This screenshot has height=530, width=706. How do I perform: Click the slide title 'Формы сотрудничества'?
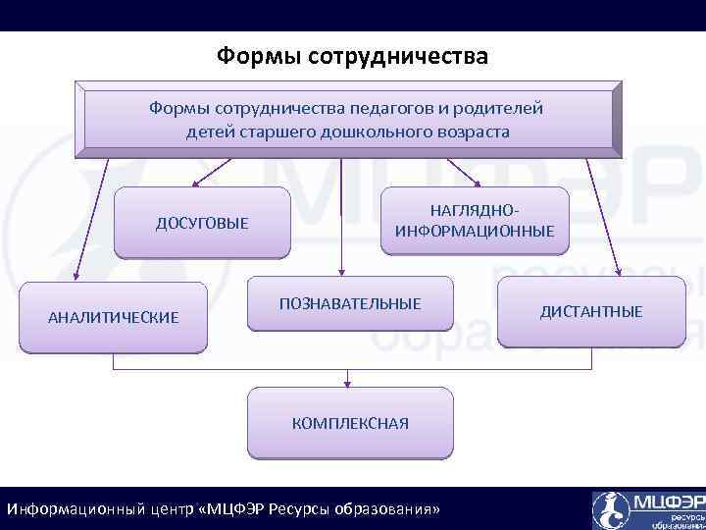(x=352, y=56)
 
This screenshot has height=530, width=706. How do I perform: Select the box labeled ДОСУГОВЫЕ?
(x=202, y=224)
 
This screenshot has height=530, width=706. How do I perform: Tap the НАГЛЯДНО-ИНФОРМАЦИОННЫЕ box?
(x=475, y=222)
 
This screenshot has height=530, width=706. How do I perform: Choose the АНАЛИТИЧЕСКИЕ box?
(x=114, y=317)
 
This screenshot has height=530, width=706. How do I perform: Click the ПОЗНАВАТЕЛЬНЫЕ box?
(x=350, y=304)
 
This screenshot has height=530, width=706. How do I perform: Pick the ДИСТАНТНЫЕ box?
(x=591, y=312)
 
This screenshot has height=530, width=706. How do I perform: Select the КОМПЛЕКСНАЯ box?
(x=350, y=423)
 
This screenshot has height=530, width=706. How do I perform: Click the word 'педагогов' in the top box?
(x=367, y=108)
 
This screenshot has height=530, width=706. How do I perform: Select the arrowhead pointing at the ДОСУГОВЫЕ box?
(x=196, y=182)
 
